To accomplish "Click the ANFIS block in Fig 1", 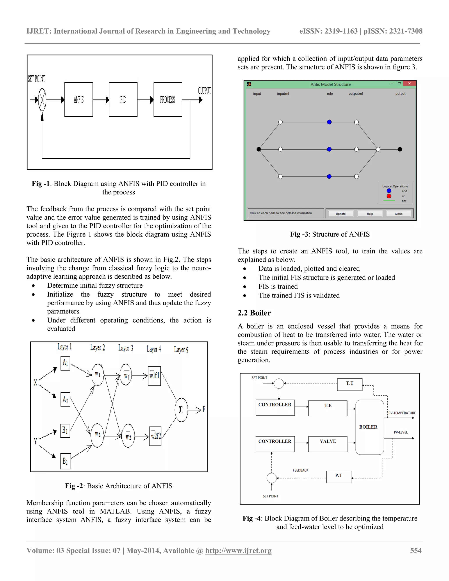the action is click(x=78, y=100).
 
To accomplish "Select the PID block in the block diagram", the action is click(x=123, y=100).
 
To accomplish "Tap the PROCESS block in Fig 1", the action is click(x=167, y=100).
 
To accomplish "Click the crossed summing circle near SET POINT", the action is click(x=42, y=100).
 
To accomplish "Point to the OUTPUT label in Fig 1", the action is click(x=204, y=91).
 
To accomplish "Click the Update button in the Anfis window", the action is click(x=340, y=214).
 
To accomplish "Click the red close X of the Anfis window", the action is click(x=409, y=84).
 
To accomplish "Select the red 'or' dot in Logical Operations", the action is click(x=389, y=196).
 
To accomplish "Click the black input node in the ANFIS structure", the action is click(x=258, y=149).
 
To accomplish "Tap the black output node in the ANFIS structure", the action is click(x=400, y=149).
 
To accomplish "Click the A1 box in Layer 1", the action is click(x=65, y=363).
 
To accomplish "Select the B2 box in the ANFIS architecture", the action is click(x=65, y=461).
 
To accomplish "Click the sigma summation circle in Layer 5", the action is click(x=181, y=410).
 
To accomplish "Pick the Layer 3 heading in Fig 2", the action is click(x=126, y=348).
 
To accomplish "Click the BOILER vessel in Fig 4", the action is click(x=369, y=427).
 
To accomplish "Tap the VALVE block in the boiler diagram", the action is click(x=328, y=444).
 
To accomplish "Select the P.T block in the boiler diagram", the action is click(x=339, y=476).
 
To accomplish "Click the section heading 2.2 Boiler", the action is click(x=254, y=313).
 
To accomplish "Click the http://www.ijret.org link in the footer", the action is click(x=238, y=550).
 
